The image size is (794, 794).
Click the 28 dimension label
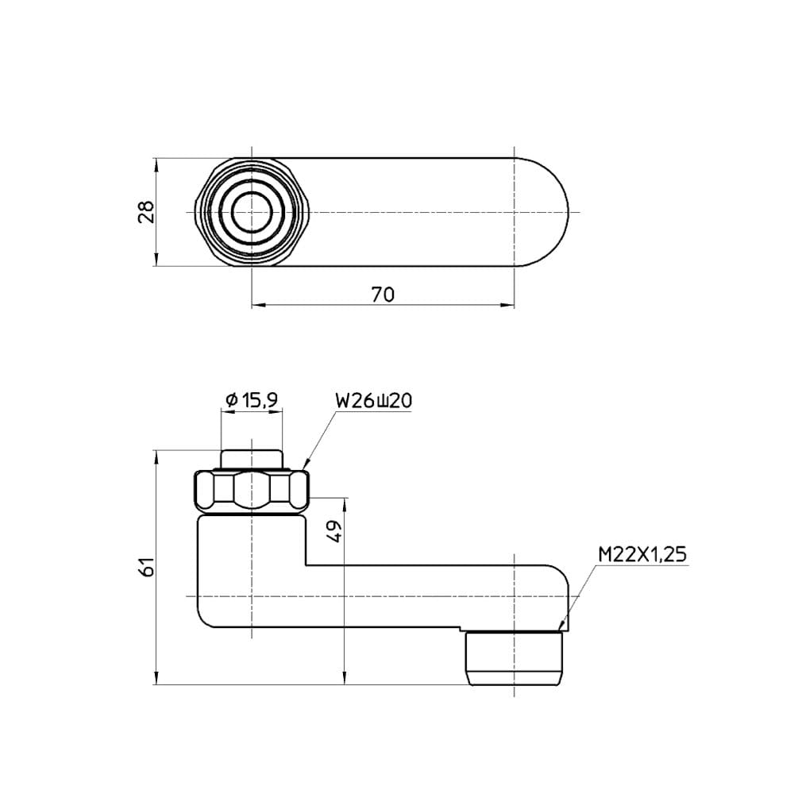pyautogui.click(x=146, y=212)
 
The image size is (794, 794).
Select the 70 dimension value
pyautogui.click(x=383, y=295)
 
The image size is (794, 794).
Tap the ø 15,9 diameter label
pyautogui.click(x=252, y=400)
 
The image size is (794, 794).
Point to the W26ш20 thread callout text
pyautogui.click(x=374, y=401)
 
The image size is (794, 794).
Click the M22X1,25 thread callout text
pyautogui.click(x=642, y=554)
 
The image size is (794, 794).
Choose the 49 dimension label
pyautogui.click(x=335, y=532)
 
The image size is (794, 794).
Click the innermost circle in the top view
pyautogui.click(x=252, y=212)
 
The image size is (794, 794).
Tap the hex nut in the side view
pyautogui.click(x=252, y=491)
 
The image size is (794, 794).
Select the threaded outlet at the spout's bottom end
pyautogui.click(x=514, y=657)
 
